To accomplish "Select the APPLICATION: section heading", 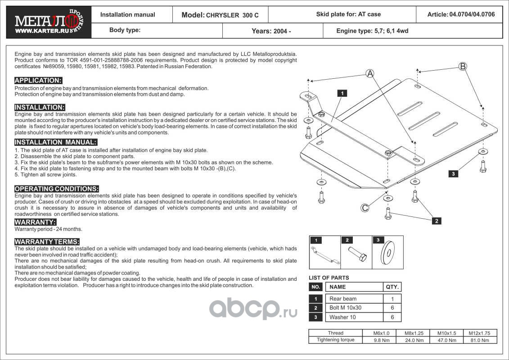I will [38, 81].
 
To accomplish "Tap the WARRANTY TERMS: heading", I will [47, 242].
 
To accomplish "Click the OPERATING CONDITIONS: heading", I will [57, 189].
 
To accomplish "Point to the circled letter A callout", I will [369, 73].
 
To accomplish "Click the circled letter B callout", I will [463, 67].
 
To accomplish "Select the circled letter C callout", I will [365, 207].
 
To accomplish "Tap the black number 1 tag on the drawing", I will [342, 94].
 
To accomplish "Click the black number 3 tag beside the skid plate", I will [454, 173].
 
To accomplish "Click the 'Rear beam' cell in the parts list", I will [343, 299].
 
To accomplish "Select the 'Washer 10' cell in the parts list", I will [342, 317].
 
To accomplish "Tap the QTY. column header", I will [392, 287].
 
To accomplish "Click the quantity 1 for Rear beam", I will [392, 299].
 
